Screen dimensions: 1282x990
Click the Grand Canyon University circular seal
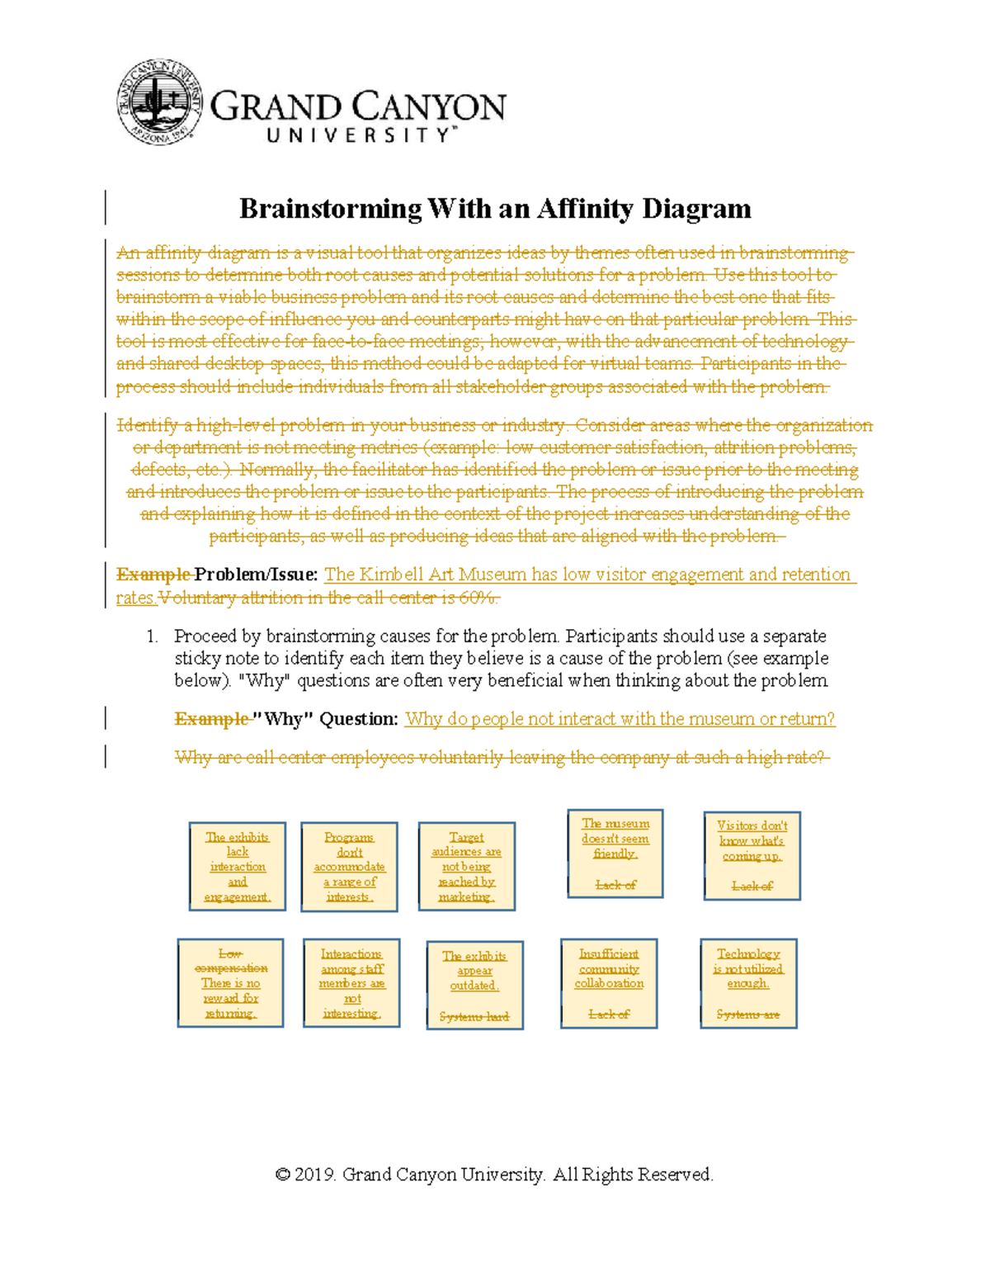pyautogui.click(x=159, y=102)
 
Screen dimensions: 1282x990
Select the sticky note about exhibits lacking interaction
pyautogui.click(x=238, y=866)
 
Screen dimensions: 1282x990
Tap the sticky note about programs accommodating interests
pyautogui.click(x=349, y=866)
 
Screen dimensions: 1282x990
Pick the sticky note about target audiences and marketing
pyautogui.click(x=467, y=866)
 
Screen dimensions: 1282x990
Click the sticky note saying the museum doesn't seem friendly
pyautogui.click(x=615, y=854)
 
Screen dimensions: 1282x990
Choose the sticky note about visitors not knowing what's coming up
pyautogui.click(x=752, y=855)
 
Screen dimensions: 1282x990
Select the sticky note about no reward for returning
pyautogui.click(x=230, y=982)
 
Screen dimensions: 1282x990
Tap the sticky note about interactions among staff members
pyautogui.click(x=351, y=982)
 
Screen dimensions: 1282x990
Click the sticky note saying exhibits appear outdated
pyautogui.click(x=474, y=985)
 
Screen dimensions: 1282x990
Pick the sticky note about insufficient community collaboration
pyautogui.click(x=609, y=982)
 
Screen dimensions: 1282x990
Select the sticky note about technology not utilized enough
pyautogui.click(x=748, y=982)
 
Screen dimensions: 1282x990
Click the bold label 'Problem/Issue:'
pyautogui.click(x=256, y=575)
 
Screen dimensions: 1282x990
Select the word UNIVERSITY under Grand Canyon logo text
pyautogui.click(x=358, y=135)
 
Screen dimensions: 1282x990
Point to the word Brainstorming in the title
pyautogui.click(x=330, y=209)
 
